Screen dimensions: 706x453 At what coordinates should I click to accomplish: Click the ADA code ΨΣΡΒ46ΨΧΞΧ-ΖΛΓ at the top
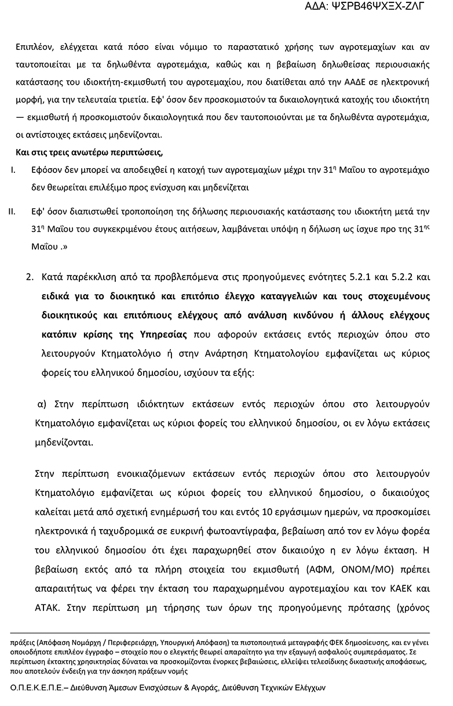pos(372,7)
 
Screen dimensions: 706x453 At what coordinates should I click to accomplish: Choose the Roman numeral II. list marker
pos(12,211)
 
